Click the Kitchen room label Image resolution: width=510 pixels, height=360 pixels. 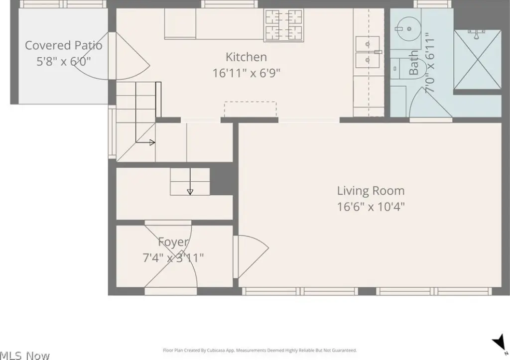coord(246,57)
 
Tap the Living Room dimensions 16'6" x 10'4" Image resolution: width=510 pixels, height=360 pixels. coord(371,207)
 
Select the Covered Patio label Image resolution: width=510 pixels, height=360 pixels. coord(63,45)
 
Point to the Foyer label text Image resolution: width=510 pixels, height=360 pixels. coord(173,242)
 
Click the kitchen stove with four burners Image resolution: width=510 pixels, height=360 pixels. coord(283,25)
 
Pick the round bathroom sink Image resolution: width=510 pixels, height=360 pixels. coord(409,28)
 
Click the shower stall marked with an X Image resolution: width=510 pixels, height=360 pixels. coord(477,59)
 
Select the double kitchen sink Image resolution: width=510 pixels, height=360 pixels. coord(368,52)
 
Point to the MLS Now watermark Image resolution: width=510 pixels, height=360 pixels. coord(25,356)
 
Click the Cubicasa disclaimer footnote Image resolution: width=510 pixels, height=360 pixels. coord(259,350)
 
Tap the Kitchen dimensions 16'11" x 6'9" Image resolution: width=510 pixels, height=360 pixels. coord(246,73)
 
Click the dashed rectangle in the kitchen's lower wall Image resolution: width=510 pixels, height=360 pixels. coord(251,109)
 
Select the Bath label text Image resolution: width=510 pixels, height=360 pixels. coord(413,62)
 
